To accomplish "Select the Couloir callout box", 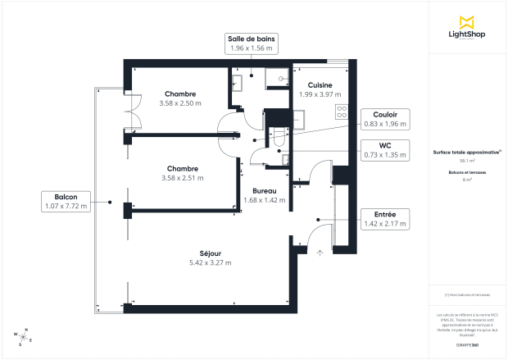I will pos(385,118).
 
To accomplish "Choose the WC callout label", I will pos(385,149).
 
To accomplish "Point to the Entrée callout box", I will pos(385,218).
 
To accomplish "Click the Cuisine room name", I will pos(320,84).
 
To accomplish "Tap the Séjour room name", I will pos(210,253).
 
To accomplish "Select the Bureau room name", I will pos(264,190).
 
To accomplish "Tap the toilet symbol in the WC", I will pos(278,139).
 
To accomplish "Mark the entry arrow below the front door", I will pos(320,253).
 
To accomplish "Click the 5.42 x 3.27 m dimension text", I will pos(210,262).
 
